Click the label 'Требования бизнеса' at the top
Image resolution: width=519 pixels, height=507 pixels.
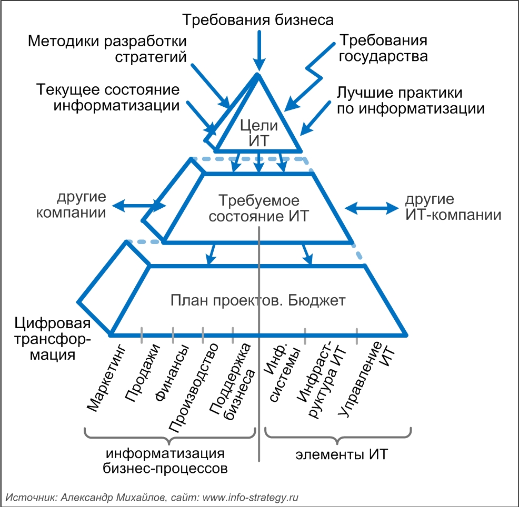coord(258,21)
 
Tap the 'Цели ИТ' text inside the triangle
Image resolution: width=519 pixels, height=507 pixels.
coord(257,133)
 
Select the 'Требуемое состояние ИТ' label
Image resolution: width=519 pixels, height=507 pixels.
coord(259,208)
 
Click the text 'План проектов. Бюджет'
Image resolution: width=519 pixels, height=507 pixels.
coord(258,301)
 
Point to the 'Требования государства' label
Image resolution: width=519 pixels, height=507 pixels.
coord(382,48)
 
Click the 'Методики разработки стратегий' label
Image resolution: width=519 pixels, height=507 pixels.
coord(107,48)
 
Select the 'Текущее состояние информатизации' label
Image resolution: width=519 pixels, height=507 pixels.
coord(108,97)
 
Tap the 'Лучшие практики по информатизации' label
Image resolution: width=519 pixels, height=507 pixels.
coord(410,102)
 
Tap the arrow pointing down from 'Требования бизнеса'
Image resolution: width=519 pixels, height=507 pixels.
coord(258,50)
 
